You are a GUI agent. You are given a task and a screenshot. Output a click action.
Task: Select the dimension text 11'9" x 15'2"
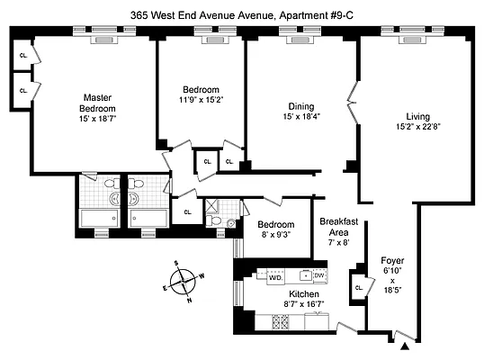(x=201, y=101)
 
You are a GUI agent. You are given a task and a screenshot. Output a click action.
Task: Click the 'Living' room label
(x=417, y=117)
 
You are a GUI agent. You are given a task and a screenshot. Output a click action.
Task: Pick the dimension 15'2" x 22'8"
(x=417, y=128)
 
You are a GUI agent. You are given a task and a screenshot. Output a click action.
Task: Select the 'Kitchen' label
(x=304, y=294)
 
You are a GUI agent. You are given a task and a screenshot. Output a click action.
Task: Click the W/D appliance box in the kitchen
(x=274, y=278)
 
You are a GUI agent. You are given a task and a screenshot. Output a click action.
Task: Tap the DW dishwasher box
(x=318, y=275)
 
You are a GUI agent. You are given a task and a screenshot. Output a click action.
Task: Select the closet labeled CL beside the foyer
(x=359, y=288)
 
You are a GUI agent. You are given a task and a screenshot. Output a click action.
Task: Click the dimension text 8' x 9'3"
(x=275, y=236)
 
